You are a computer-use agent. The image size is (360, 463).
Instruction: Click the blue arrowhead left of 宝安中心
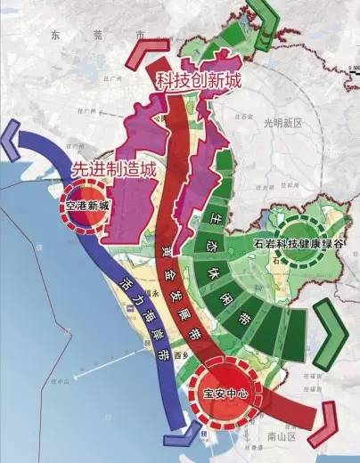179,439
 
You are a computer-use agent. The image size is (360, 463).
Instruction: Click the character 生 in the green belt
215,216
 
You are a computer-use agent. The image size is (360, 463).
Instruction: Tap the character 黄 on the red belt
167,250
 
